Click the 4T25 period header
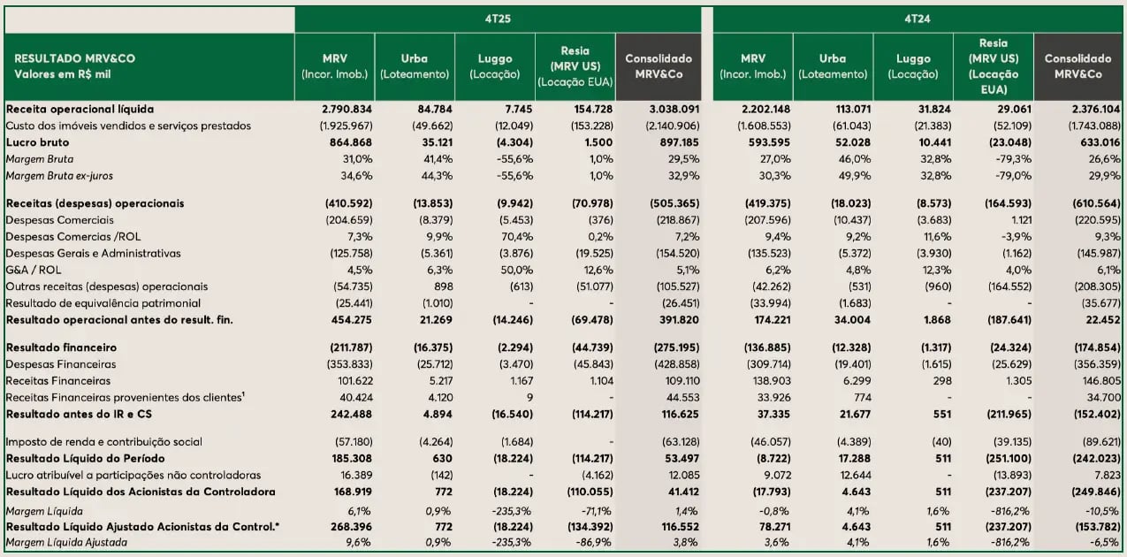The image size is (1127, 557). (498, 18)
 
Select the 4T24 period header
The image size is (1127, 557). (916, 18)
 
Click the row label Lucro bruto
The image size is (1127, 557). (38, 142)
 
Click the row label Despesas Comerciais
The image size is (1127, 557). (60, 219)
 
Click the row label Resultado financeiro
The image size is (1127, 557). (61, 347)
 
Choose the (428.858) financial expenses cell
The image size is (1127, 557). (658, 363)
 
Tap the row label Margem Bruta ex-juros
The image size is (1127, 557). (59, 176)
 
